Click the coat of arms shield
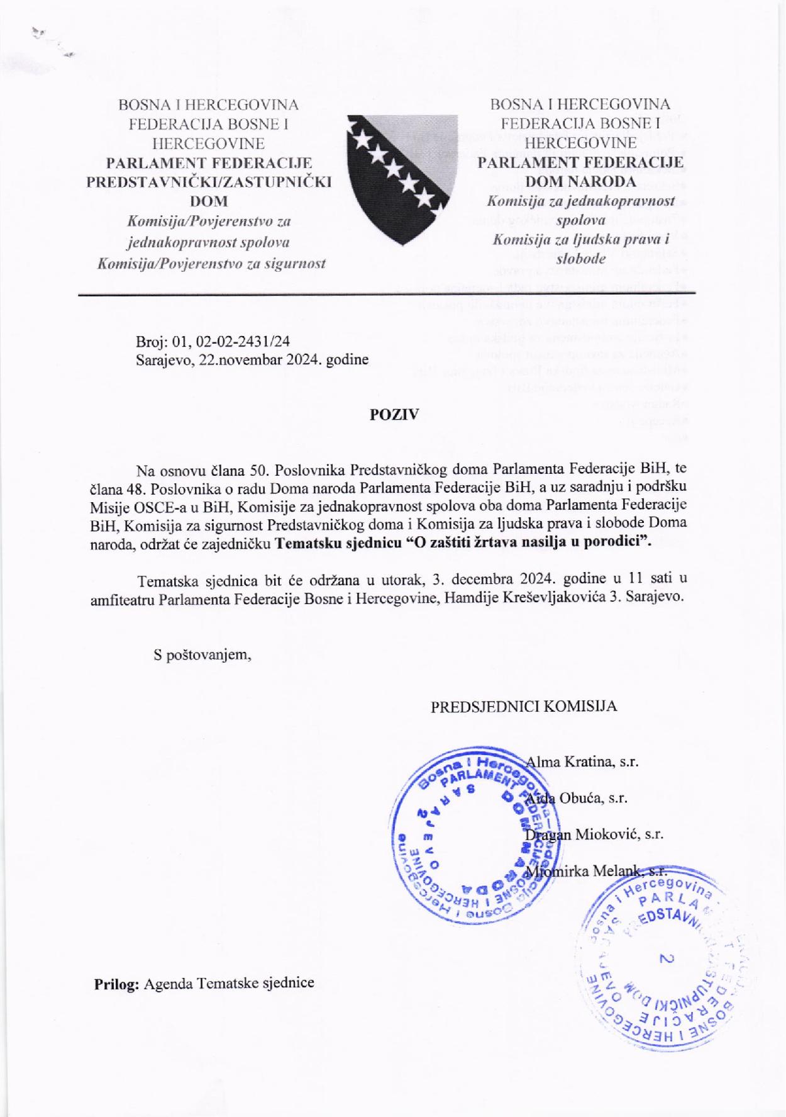(x=401, y=176)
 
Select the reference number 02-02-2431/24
(x=243, y=342)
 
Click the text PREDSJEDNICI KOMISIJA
(x=524, y=706)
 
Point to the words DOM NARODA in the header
(x=580, y=182)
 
